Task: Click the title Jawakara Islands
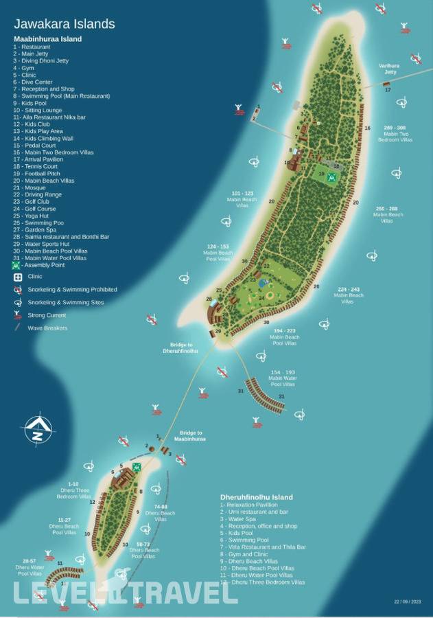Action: (x=65, y=24)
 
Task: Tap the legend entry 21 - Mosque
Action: (x=34, y=187)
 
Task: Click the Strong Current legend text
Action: (x=47, y=315)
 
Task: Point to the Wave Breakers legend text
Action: (x=47, y=328)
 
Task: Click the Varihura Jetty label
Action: (x=388, y=69)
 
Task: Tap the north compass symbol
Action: (x=38, y=430)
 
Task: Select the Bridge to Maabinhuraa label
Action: (x=191, y=435)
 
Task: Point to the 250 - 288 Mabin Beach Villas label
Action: (x=388, y=214)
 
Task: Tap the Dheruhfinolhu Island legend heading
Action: (x=256, y=497)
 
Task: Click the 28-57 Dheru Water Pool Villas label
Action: (x=29, y=566)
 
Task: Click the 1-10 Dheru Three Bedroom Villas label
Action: (x=73, y=490)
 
